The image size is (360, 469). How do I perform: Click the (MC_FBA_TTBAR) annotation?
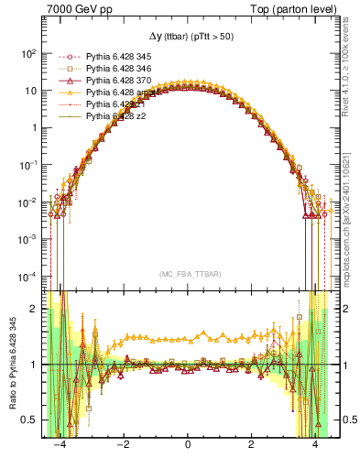point(187,274)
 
